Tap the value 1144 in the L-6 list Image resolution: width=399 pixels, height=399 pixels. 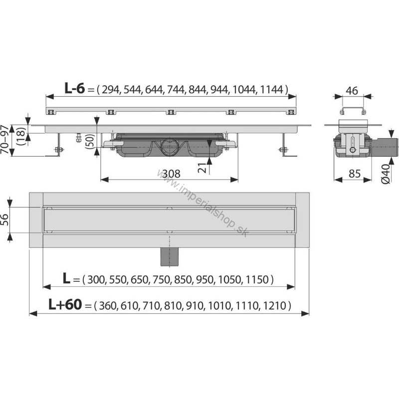271,90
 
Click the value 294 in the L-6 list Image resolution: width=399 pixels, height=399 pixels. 111,90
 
